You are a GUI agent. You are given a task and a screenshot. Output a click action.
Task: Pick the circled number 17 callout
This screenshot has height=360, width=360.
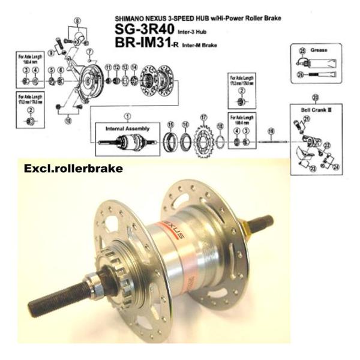[x=204, y=117]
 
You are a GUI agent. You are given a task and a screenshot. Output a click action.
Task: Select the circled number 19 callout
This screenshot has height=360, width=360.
[x=271, y=131]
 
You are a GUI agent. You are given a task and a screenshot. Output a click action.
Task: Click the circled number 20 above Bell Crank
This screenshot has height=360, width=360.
[x=316, y=97]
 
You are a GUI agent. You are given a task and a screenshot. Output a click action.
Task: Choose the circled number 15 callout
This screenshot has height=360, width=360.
[x=171, y=124]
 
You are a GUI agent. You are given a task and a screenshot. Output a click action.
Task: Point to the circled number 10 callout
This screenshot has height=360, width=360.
[x=68, y=119]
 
